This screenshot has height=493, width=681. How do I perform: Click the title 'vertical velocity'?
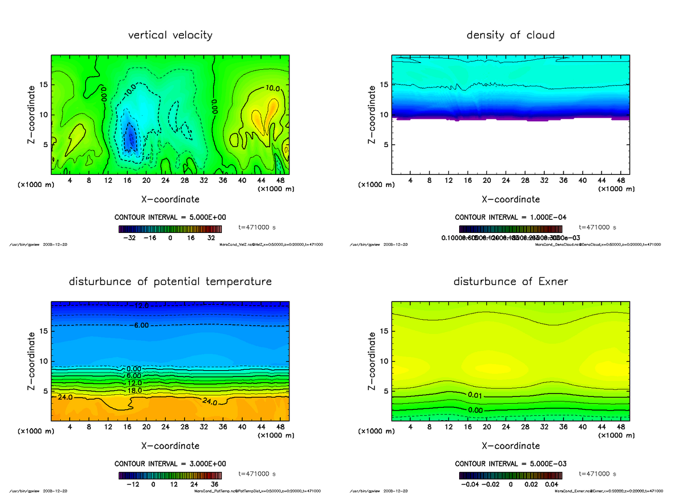[170, 35]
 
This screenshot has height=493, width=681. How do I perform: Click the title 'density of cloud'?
[510, 35]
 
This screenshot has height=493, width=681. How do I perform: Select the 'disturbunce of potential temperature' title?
[170, 282]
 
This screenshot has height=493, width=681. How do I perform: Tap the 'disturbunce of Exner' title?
[510, 282]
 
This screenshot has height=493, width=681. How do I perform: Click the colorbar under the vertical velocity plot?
[170, 229]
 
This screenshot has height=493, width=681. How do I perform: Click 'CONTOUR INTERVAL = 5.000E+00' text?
[170, 218]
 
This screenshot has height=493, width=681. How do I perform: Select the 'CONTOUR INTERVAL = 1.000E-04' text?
[510, 218]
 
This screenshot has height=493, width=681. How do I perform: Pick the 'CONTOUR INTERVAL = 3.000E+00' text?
[170, 463]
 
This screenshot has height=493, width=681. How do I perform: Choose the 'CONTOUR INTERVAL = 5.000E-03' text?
[510, 463]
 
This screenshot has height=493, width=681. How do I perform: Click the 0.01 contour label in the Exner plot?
[476, 395]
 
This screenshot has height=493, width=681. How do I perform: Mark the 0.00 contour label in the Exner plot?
[476, 410]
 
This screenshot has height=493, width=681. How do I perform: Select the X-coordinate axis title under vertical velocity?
[170, 199]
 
